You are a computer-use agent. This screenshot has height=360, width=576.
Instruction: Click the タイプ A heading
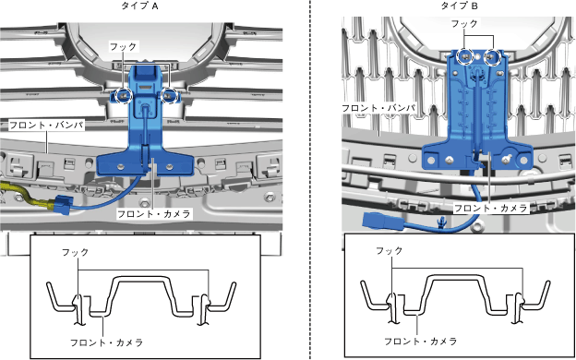click(x=139, y=6)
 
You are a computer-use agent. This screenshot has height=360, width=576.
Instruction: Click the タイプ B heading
click(x=459, y=6)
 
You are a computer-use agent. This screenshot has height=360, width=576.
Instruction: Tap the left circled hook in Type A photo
click(x=123, y=96)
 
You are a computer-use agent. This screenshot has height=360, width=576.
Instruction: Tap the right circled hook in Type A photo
click(x=170, y=96)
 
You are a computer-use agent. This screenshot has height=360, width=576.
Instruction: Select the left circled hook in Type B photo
click(x=465, y=56)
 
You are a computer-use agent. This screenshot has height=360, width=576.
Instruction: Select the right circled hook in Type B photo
click(x=492, y=57)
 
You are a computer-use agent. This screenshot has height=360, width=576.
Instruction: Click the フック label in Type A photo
click(x=123, y=47)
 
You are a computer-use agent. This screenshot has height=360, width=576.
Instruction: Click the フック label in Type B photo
click(x=464, y=24)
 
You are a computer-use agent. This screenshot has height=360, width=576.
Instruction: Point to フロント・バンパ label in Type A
click(x=46, y=125)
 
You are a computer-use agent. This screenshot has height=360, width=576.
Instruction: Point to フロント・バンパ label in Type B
click(x=378, y=108)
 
